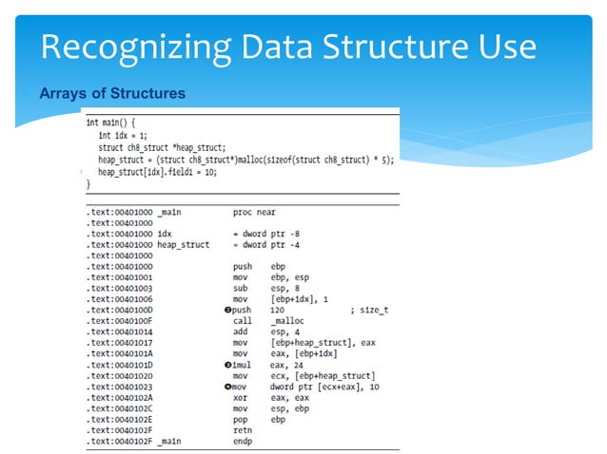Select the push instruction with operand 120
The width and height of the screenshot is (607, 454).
coord(242,310)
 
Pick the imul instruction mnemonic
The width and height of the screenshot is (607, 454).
coord(242,364)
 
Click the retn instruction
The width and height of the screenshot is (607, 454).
coord(242,429)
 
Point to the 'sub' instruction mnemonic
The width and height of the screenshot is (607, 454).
coord(239,288)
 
